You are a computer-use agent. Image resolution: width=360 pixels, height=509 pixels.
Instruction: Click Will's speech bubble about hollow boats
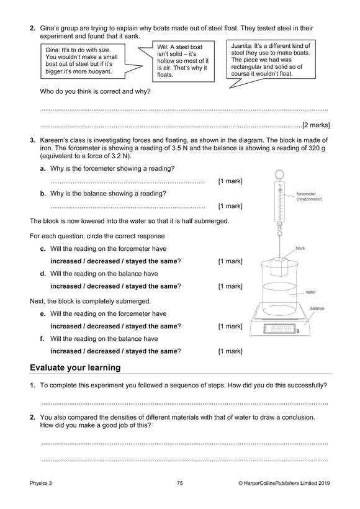click(x=178, y=60)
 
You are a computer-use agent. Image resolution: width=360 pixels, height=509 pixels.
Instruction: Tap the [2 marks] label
click(x=315, y=124)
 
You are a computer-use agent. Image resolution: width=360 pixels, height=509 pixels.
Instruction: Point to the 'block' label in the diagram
click(x=300, y=248)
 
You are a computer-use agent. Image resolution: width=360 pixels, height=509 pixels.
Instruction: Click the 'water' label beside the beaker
click(x=311, y=291)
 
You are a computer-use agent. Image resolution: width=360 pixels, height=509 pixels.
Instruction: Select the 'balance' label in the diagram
click(x=317, y=308)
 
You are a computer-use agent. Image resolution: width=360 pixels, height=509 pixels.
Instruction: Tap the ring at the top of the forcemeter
click(x=278, y=176)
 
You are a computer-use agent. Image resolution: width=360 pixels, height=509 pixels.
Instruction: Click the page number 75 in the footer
click(x=179, y=482)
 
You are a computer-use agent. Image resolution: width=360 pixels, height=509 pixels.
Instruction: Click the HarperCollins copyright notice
click(x=282, y=482)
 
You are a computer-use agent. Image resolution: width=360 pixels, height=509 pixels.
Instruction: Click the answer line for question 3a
click(x=127, y=181)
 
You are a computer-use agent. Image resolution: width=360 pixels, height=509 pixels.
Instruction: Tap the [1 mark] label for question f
click(x=230, y=351)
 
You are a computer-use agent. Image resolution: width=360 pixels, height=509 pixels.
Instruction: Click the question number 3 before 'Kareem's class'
click(x=32, y=142)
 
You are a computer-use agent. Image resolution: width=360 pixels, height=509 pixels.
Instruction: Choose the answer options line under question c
click(x=115, y=261)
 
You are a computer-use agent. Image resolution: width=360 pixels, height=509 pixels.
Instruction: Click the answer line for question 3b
click(x=127, y=206)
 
